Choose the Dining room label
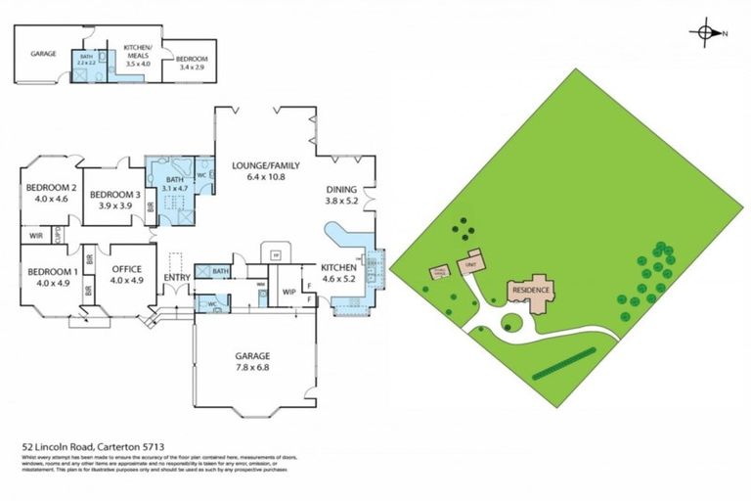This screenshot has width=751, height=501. (342, 195)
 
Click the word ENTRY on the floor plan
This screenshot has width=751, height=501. (176, 278)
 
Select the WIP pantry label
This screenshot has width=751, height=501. (289, 292)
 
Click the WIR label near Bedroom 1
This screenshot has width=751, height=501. (35, 235)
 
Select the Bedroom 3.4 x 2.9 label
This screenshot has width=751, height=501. (192, 63)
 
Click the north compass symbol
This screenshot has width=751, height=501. (706, 33)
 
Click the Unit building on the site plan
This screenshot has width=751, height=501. (471, 264)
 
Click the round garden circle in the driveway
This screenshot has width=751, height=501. (511, 323)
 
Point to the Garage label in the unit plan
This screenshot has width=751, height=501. (42, 54)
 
